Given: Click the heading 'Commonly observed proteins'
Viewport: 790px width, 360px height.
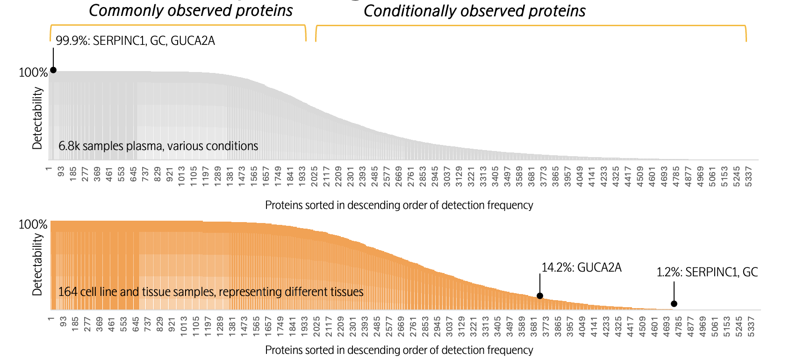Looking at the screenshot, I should point(191,10).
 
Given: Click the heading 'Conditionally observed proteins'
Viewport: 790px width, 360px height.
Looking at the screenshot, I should point(474,11).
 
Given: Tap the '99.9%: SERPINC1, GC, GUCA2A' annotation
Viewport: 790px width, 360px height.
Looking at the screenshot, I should point(135,41).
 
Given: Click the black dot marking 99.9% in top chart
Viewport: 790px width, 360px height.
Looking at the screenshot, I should point(53,70).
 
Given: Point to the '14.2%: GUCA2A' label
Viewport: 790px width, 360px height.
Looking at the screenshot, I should point(582,267).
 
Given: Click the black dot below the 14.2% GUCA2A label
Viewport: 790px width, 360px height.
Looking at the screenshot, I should point(540,295).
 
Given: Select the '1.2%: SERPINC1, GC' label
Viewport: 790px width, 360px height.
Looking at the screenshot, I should point(707,272).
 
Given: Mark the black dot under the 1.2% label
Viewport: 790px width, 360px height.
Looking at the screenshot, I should point(674,304).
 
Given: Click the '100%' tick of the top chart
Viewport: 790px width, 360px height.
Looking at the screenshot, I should point(33,72).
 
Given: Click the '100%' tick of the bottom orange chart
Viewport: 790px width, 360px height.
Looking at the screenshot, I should point(33,224).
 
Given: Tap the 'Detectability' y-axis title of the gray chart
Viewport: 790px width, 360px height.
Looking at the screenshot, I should point(37,118).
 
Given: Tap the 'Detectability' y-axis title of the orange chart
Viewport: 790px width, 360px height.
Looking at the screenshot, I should point(37,265).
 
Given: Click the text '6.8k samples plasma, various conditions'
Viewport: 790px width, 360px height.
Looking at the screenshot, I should point(158,146).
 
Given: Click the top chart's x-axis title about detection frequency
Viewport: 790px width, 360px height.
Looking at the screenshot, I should point(399,205).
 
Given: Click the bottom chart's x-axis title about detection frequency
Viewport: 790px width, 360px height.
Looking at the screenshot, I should point(399,350).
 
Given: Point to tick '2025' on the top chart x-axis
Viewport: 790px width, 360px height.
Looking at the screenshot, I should point(315,176).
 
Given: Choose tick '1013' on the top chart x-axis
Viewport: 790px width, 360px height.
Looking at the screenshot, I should point(182,176).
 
